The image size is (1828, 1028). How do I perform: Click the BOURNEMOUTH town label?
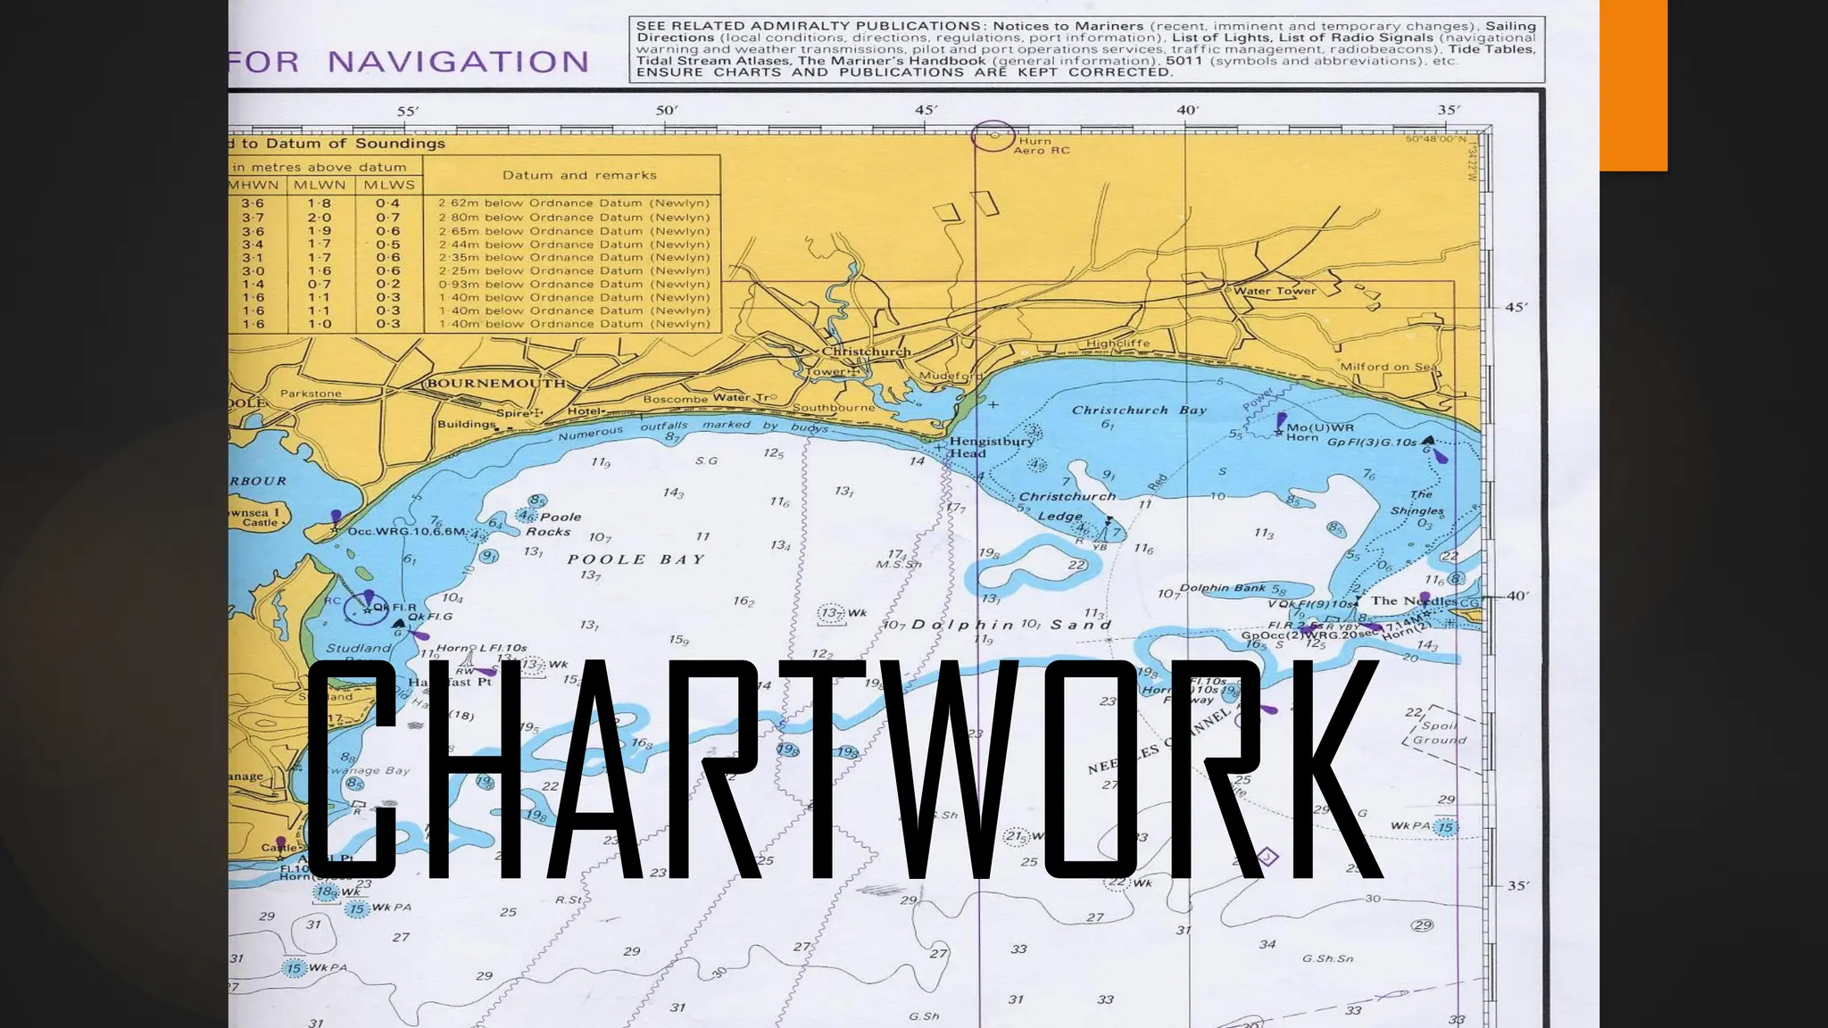pyautogui.click(x=496, y=384)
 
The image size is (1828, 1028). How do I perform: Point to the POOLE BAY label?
pyautogui.click(x=636, y=560)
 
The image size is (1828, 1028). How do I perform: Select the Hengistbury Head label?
pyautogui.click(x=991, y=446)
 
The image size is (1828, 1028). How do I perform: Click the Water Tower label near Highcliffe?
pyautogui.click(x=1275, y=291)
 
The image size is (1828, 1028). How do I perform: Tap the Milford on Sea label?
pyautogui.click(x=1388, y=367)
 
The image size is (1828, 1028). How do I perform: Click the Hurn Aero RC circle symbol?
pyautogui.click(x=993, y=137)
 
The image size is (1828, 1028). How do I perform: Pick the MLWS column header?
pyautogui.click(x=388, y=185)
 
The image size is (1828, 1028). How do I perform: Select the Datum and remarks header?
pyautogui.click(x=579, y=175)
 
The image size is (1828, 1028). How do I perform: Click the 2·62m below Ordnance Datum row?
pyautogui.click(x=574, y=203)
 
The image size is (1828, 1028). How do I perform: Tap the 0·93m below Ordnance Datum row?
pyautogui.click(x=574, y=285)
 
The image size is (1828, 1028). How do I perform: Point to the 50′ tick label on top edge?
pyautogui.click(x=667, y=111)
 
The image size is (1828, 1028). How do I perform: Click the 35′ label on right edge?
pyautogui.click(x=1518, y=886)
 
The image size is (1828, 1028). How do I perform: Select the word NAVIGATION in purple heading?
pyautogui.click(x=458, y=62)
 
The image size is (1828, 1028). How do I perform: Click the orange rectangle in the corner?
pyautogui.click(x=1633, y=85)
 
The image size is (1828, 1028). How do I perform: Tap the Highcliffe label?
pyautogui.click(x=1118, y=344)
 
